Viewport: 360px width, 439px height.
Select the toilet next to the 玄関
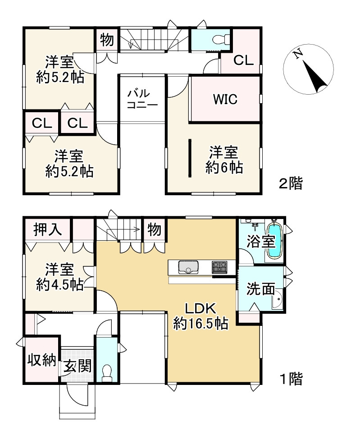[x=106, y=373]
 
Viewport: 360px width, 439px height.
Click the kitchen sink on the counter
[x=188, y=267]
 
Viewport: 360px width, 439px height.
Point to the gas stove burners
[x=220, y=267]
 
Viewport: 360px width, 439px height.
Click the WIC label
[x=225, y=99]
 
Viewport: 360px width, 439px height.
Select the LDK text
[x=201, y=309]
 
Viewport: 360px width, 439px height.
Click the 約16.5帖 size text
[x=201, y=324]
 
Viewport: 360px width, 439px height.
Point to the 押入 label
[x=47, y=229]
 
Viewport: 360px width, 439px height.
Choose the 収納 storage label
[x=42, y=360]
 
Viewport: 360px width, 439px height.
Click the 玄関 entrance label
[x=77, y=366]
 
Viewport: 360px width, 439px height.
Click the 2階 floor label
[x=291, y=183]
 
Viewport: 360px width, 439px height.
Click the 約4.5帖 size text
[x=60, y=284]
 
